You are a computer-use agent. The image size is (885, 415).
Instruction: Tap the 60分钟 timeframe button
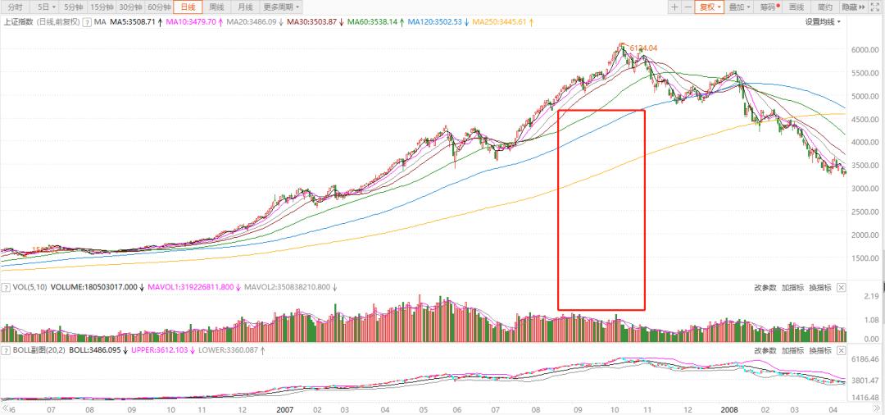click(x=159, y=7)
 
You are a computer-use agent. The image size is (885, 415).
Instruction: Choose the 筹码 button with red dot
click(x=769, y=7)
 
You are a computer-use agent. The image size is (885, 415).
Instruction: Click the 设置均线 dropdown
click(x=823, y=21)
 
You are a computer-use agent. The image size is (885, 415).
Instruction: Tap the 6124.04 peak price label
click(x=643, y=48)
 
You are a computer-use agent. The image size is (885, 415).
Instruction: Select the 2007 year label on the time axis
click(x=284, y=408)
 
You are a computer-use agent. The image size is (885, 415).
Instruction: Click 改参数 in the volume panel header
click(x=765, y=288)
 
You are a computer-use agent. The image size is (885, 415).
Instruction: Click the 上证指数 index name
click(x=20, y=21)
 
